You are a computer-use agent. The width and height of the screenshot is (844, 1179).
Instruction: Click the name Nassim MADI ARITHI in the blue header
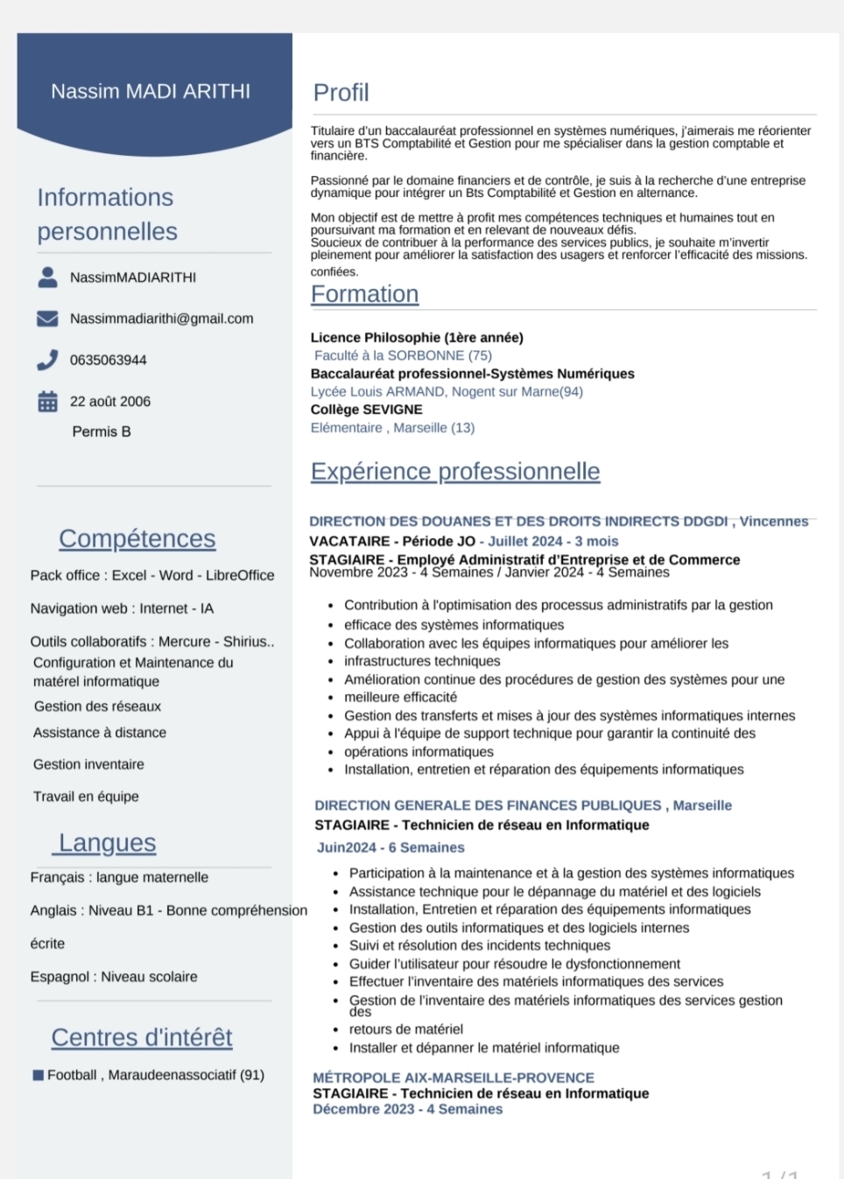click(x=151, y=91)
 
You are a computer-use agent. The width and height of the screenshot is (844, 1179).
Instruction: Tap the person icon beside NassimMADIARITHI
click(x=48, y=277)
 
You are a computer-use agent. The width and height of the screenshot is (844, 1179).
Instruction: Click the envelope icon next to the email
click(x=47, y=319)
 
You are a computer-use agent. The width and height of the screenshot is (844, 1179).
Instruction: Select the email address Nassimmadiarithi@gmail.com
click(x=162, y=319)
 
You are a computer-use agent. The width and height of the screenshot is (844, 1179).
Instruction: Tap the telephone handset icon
click(x=47, y=360)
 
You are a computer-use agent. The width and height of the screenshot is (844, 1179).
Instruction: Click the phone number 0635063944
click(x=109, y=360)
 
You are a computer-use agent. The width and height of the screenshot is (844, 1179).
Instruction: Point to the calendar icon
click(x=47, y=402)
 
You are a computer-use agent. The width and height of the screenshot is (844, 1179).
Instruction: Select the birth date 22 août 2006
click(x=110, y=402)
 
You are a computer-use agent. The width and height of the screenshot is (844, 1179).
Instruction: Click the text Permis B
click(x=102, y=432)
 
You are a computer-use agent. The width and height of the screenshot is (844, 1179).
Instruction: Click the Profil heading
click(x=341, y=93)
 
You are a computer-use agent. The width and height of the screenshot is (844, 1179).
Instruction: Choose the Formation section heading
click(x=365, y=294)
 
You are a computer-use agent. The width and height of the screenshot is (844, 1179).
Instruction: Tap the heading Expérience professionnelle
click(x=455, y=472)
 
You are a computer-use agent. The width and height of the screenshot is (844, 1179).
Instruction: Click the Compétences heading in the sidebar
click(x=137, y=538)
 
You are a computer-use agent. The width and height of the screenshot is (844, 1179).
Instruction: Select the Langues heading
click(x=107, y=843)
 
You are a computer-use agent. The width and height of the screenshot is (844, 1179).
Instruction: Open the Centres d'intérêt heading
click(x=142, y=1037)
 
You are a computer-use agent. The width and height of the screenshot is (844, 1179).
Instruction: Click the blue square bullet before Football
click(x=39, y=1075)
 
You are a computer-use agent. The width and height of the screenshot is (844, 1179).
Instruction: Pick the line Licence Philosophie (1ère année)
click(x=417, y=338)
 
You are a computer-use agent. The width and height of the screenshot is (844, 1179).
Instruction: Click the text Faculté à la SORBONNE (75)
click(x=404, y=355)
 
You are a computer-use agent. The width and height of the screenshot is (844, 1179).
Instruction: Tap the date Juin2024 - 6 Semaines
click(x=390, y=847)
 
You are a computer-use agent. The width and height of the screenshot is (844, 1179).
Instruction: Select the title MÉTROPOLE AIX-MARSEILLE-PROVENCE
click(x=454, y=1077)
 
